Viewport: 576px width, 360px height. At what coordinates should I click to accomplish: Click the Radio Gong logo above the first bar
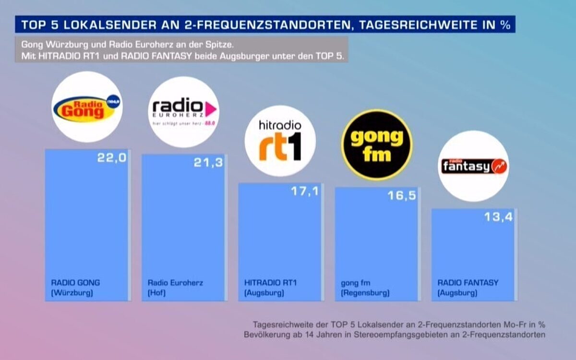pos(87,107)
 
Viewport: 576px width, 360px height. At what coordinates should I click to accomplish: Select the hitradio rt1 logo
pos(280,141)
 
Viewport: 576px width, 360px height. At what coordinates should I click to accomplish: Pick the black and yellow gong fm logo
pos(377,144)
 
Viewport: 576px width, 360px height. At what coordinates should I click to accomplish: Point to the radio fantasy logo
pos(473,166)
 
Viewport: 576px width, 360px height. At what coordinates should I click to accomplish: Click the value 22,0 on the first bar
pos(111,158)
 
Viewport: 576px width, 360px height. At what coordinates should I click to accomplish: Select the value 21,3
pos(208,163)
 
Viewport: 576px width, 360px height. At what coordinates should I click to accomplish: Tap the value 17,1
pos(305,191)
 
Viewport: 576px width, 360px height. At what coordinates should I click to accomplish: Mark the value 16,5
pos(401,196)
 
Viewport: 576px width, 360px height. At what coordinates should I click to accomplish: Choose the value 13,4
pos(498,217)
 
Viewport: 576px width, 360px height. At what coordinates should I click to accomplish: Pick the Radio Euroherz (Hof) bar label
pos(175,288)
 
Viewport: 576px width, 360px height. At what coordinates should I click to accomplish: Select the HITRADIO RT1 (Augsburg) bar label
pos(270,288)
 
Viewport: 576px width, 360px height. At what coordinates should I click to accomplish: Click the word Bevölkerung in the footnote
pos(267,334)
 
